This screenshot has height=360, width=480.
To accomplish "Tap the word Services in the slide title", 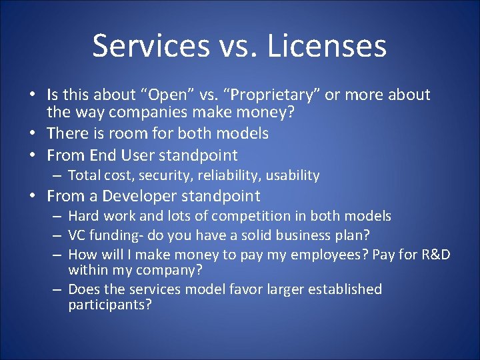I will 151,46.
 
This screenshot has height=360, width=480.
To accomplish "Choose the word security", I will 158,175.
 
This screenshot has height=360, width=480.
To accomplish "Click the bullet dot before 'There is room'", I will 35,134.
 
